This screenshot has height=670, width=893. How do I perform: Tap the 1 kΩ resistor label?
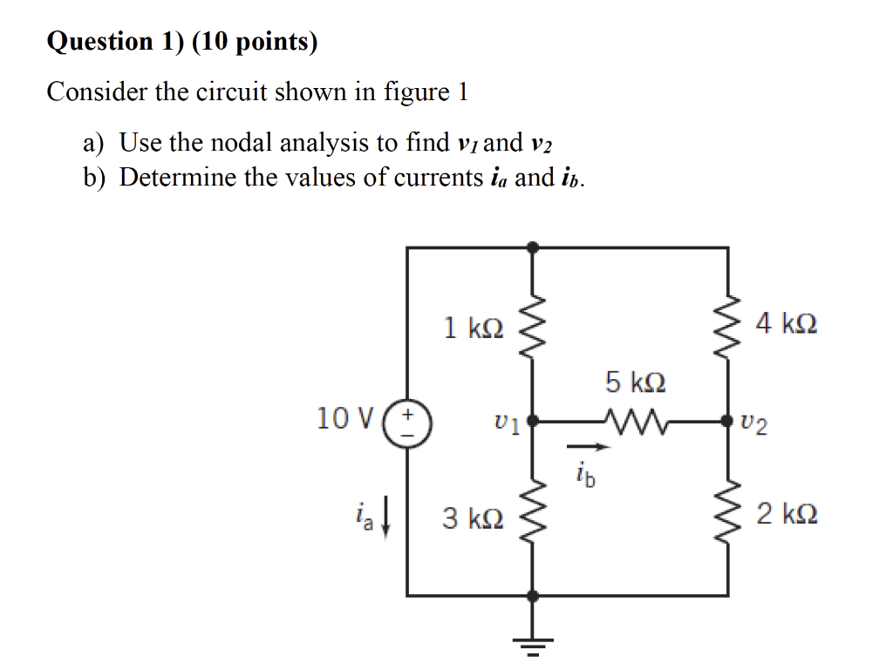[473, 328]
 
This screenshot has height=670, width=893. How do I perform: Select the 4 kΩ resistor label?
[787, 325]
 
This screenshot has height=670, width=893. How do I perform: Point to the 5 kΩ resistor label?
[636, 382]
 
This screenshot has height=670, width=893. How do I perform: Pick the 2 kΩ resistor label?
[787, 515]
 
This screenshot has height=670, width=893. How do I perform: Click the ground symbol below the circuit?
[533, 643]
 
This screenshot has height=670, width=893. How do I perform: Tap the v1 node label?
[506, 424]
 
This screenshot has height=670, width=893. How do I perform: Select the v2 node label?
[756, 423]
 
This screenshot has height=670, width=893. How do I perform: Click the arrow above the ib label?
[589, 448]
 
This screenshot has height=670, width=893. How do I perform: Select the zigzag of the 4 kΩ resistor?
[727, 325]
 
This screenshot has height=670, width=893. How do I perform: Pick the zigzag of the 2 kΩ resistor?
[727, 514]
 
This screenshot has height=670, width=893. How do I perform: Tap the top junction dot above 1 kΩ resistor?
[533, 247]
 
